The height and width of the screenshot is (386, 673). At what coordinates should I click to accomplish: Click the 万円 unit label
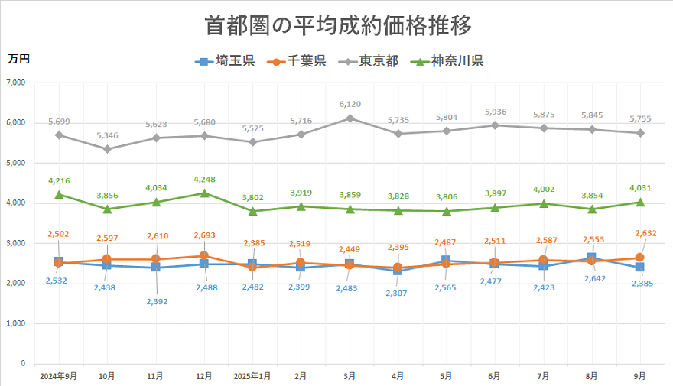(x=19, y=57)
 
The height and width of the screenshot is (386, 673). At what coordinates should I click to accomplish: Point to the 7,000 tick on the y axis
(x=14, y=83)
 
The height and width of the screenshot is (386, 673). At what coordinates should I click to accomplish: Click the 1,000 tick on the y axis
(x=14, y=323)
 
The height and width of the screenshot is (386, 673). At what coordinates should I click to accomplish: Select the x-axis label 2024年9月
(x=58, y=376)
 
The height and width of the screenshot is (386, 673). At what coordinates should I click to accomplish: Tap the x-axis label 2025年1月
(x=252, y=376)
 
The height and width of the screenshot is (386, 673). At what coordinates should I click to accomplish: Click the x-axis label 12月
(x=203, y=376)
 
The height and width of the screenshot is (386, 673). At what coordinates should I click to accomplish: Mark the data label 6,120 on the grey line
(x=350, y=104)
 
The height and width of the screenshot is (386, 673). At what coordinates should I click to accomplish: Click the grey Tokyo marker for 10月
(x=107, y=149)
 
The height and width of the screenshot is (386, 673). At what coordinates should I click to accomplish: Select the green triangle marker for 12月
(x=203, y=193)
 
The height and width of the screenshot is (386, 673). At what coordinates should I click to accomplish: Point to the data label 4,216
(x=59, y=180)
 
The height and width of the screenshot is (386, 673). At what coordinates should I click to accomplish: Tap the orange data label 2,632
(x=639, y=233)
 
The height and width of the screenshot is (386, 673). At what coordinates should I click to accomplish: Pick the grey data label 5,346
(x=107, y=135)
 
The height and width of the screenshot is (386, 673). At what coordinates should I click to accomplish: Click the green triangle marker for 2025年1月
(x=252, y=211)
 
